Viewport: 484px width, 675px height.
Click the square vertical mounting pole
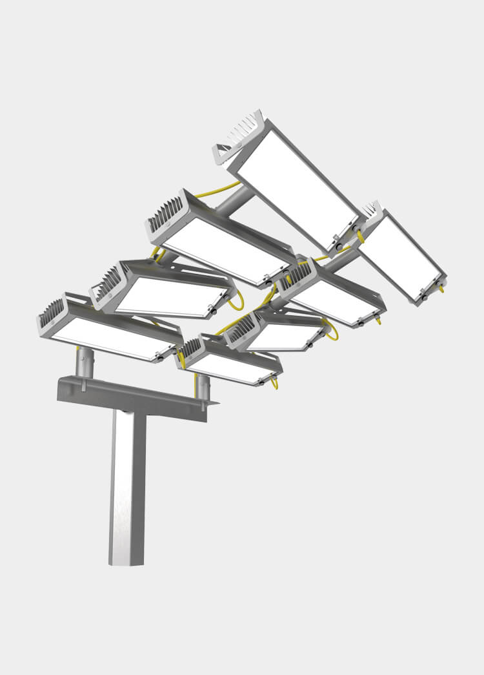127,484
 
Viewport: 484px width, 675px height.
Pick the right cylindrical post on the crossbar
203,386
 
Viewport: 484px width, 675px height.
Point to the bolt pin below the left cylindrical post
83,386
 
